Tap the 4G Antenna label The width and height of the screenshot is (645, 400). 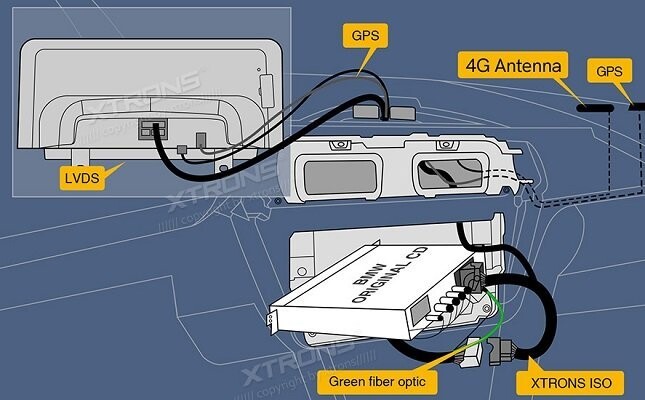[510, 67]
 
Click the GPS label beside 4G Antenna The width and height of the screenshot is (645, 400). [609, 72]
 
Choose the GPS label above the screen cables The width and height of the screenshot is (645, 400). [365, 36]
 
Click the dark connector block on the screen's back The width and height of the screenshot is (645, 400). [152, 130]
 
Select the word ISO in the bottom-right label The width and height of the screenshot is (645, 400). [603, 381]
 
